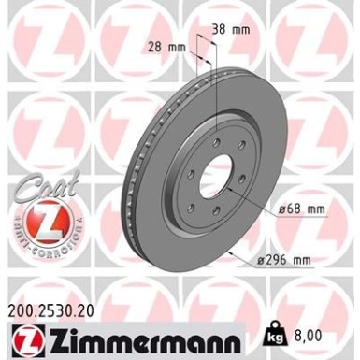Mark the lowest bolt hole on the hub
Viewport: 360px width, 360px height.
tap(215, 216)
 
